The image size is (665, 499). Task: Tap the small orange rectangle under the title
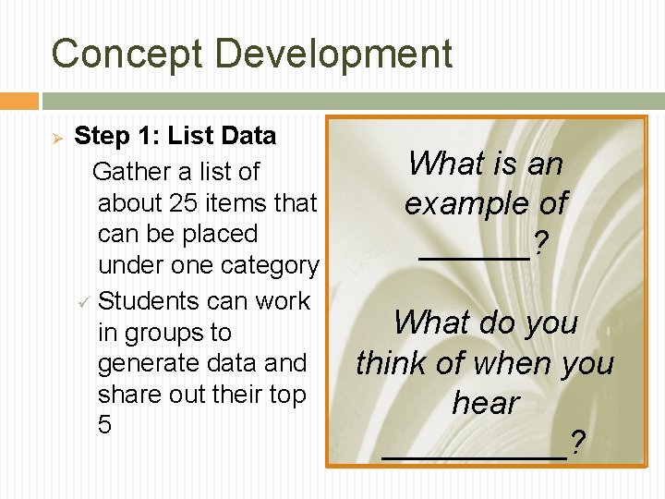(x=19, y=101)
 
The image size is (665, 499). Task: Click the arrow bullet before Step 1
(x=55, y=138)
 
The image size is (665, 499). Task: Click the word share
(x=127, y=395)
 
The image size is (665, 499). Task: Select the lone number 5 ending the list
(x=104, y=425)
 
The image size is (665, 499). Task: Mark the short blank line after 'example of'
(x=474, y=256)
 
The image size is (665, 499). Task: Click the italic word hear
(x=485, y=404)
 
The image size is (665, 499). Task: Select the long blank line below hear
(x=474, y=456)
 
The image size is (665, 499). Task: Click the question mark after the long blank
(x=577, y=444)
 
